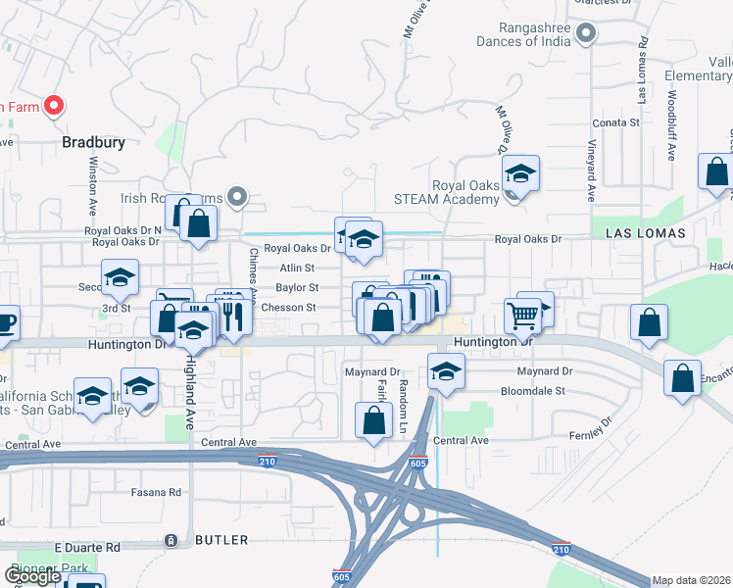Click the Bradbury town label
(x=93, y=142)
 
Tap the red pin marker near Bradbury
(x=54, y=106)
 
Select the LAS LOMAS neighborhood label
(x=641, y=233)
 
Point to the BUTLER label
(x=220, y=540)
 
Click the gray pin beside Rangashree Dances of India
(x=586, y=34)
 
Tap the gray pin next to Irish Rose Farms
(x=236, y=197)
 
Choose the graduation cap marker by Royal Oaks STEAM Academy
(x=521, y=175)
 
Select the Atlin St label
(x=296, y=268)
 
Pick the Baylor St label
(x=297, y=288)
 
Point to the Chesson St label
(x=288, y=308)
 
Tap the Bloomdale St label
(x=534, y=390)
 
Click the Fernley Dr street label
(x=591, y=427)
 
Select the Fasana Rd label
(x=162, y=492)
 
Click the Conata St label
(x=616, y=123)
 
